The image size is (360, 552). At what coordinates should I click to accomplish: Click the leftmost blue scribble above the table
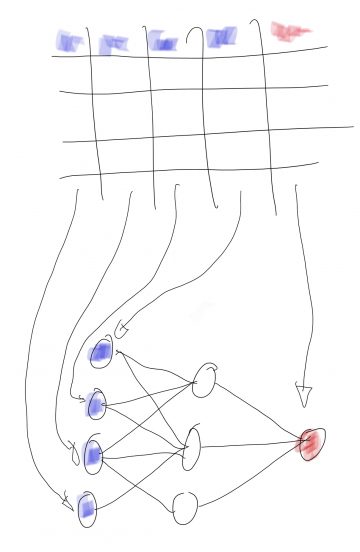click(70, 41)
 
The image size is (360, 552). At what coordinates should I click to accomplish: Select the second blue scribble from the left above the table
click(115, 43)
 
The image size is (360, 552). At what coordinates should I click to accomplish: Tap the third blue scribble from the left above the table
click(162, 41)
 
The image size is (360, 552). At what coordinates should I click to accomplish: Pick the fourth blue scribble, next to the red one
click(221, 38)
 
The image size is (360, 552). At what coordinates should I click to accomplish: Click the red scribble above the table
click(290, 32)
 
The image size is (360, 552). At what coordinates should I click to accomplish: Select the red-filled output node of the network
click(312, 443)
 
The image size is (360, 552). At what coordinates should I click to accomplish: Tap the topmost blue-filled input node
click(102, 353)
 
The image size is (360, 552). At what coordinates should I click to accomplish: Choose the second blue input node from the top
click(96, 405)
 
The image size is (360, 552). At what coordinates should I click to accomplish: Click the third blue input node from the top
click(93, 456)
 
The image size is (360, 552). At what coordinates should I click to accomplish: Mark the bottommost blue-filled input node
click(86, 508)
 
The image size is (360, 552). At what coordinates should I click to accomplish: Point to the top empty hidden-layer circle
click(204, 380)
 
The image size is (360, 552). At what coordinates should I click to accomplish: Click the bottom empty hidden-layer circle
click(186, 508)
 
